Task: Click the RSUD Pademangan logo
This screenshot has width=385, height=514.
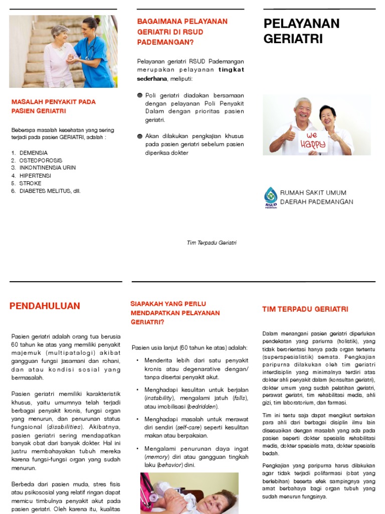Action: tap(271, 197)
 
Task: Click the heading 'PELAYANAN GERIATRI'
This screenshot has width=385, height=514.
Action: tap(301, 31)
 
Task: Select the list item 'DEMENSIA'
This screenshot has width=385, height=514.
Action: tap(34, 153)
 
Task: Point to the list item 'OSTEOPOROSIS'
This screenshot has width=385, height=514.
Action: tap(41, 160)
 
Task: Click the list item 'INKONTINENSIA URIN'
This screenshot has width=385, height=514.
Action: tap(47, 168)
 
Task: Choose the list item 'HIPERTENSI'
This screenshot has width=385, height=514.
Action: tap(35, 176)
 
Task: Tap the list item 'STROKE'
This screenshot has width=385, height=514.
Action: tap(31, 183)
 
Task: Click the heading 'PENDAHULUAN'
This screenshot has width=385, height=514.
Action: tap(45, 306)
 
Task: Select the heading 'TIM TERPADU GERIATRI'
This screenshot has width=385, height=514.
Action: tap(305, 309)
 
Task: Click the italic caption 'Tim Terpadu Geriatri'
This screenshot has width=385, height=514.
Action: tap(211, 243)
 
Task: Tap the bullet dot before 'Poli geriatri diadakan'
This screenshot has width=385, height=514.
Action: tap(140, 95)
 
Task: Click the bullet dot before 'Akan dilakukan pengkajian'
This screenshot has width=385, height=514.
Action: tap(140, 136)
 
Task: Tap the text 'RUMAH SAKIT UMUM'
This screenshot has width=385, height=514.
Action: tap(313, 193)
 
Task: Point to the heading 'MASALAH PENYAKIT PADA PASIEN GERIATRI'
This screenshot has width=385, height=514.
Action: tap(53, 106)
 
